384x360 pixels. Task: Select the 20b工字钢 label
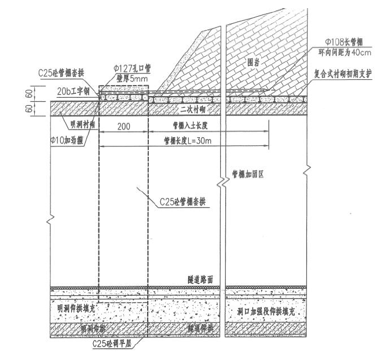[x=74, y=91]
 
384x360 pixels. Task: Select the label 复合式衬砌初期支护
[x=346, y=74]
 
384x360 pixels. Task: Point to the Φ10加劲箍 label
[x=70, y=139]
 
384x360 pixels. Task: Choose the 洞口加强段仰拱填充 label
[x=264, y=311]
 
